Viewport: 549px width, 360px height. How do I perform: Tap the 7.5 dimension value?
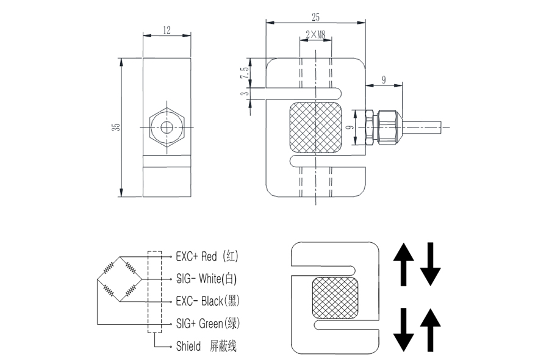click(245, 73)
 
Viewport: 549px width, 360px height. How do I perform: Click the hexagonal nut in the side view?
click(167, 128)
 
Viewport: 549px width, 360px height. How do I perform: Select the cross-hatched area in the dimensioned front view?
click(315, 127)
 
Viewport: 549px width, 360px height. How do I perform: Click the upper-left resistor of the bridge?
click(109, 267)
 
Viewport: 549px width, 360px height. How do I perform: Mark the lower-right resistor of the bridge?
click(130, 292)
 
